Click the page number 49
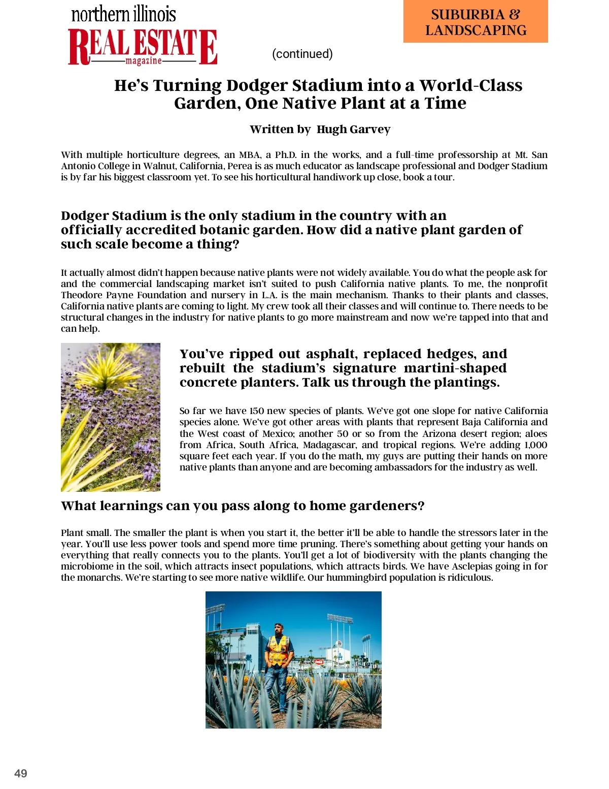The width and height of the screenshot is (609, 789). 21,773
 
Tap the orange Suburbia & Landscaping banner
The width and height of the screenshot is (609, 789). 476,22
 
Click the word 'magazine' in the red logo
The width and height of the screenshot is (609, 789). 144,61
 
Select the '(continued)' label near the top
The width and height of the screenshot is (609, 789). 302,54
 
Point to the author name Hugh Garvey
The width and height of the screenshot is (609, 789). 353,130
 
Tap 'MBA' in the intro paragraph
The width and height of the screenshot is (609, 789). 250,155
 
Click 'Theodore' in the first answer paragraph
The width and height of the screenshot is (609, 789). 82,295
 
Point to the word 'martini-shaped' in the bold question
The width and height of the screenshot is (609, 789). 455,368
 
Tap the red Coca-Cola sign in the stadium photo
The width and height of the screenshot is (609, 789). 319,661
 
